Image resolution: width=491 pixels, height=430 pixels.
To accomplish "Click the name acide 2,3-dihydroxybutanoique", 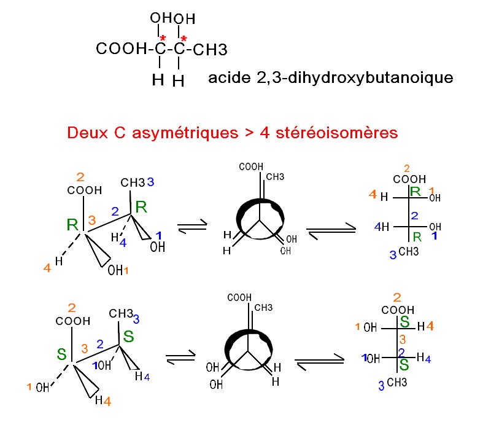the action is tap(330, 78).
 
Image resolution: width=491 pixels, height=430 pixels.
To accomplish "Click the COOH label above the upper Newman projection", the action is tap(251, 166).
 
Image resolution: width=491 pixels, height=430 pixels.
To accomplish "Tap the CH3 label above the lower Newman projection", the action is tap(263, 307).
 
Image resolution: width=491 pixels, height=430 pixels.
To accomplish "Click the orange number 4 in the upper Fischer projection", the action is tap(372, 195).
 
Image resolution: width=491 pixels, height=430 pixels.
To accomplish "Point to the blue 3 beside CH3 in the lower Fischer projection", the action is tap(381, 386).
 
